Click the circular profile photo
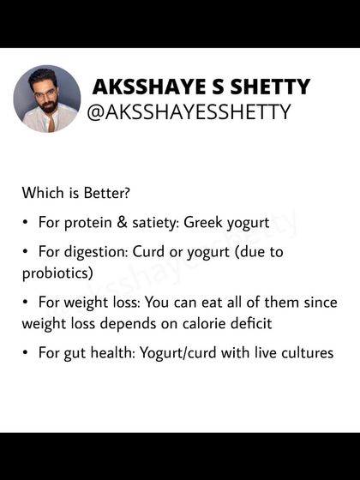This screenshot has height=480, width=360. tap(47, 99)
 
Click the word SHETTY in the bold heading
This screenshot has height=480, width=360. tap(271, 87)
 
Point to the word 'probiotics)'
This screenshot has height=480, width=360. tap(58, 273)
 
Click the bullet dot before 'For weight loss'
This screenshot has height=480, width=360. tap(27, 303)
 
